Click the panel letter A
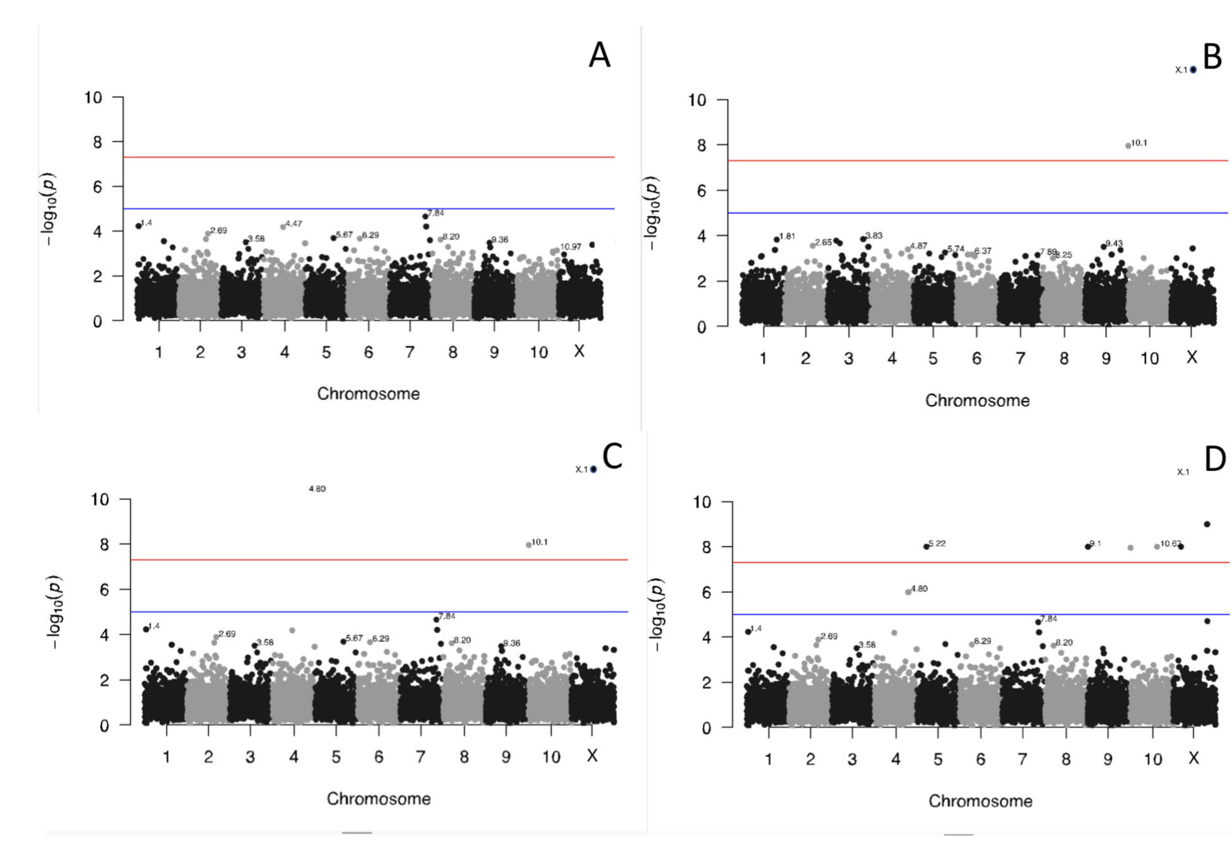click(x=599, y=56)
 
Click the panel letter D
click(x=1214, y=459)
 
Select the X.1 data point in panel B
click(x=1193, y=69)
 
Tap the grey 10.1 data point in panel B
click(x=1128, y=146)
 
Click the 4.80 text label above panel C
click(x=317, y=489)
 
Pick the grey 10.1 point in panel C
click(x=529, y=545)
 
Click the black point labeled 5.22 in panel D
click(x=927, y=547)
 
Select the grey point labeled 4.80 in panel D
click(x=908, y=592)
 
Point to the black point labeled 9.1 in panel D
click(x=1087, y=547)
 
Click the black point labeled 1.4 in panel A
click(x=138, y=226)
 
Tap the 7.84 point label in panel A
click(x=435, y=213)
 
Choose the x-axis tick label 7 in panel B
click(x=1020, y=359)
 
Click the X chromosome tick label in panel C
click(x=591, y=756)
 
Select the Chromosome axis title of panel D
click(x=980, y=801)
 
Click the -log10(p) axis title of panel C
click(x=56, y=612)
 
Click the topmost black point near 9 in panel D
click(x=1207, y=524)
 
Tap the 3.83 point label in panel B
click(x=874, y=235)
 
